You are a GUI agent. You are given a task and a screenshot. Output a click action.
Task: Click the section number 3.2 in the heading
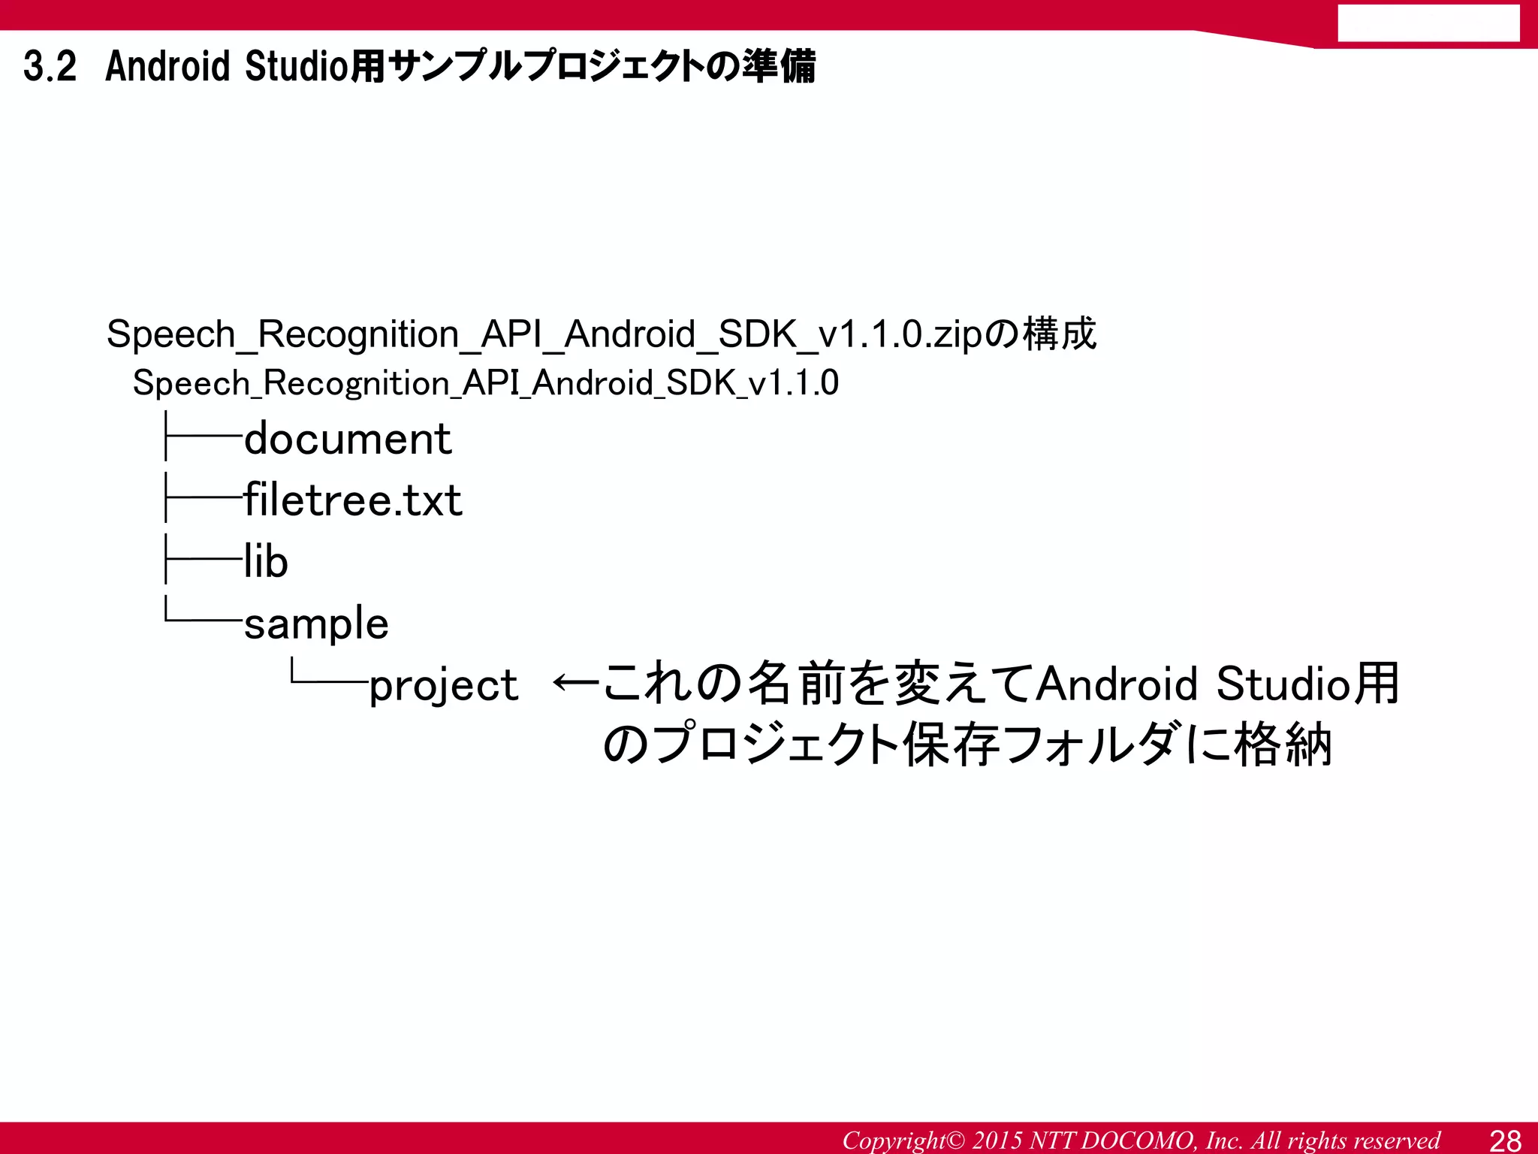tap(50, 66)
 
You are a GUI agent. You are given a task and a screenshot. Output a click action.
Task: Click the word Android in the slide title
tap(167, 66)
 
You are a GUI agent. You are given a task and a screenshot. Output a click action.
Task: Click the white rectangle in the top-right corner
tap(1428, 23)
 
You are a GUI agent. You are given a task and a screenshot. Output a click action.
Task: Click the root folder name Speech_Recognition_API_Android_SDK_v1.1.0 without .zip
tap(485, 383)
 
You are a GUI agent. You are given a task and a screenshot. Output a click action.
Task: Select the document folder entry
tap(348, 439)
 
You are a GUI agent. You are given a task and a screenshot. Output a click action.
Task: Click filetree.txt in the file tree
tap(353, 500)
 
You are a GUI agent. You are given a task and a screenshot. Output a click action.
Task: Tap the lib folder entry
tap(266, 562)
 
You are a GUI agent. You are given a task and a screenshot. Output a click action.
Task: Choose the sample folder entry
tap(316, 624)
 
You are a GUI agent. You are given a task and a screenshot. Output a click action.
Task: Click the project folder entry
tap(443, 685)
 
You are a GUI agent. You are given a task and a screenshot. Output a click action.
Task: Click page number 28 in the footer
tap(1505, 1140)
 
